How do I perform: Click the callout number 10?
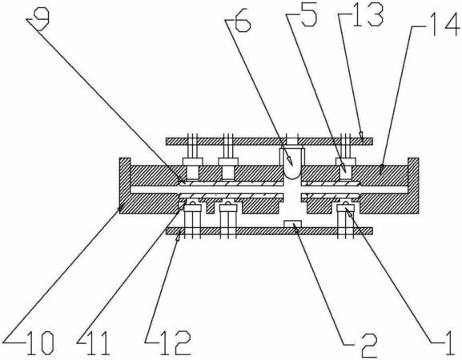click(40, 343)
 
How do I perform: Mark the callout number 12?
click(173, 343)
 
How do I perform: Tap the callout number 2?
click(368, 345)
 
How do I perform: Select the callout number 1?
click(448, 343)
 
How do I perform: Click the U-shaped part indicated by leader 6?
click(291, 164)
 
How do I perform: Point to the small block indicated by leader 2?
click(292, 224)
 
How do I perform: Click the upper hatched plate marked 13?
click(269, 142)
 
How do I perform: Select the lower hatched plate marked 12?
click(269, 230)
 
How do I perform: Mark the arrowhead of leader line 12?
click(179, 236)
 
